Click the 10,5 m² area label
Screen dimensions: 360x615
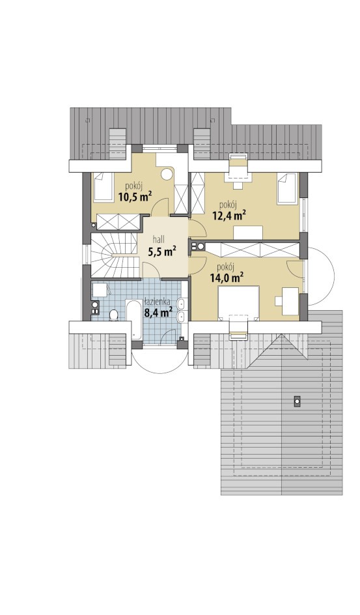[x=135, y=196]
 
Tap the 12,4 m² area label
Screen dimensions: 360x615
[x=229, y=214]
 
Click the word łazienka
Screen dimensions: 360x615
[x=157, y=302]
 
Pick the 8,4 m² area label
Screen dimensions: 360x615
[x=159, y=312]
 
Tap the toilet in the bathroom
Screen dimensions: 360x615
[x=114, y=315]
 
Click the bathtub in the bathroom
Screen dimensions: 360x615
[x=134, y=321]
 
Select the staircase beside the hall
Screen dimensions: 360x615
[x=115, y=256]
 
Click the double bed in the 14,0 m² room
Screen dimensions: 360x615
[x=238, y=303]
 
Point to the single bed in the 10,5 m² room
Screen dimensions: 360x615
[x=102, y=187]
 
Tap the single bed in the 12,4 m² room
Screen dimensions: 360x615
[x=288, y=189]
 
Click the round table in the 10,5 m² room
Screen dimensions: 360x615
[x=169, y=174]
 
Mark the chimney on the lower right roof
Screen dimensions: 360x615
[x=297, y=401]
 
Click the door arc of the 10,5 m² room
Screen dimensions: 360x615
[x=161, y=206]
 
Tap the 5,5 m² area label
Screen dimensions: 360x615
[x=161, y=251]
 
